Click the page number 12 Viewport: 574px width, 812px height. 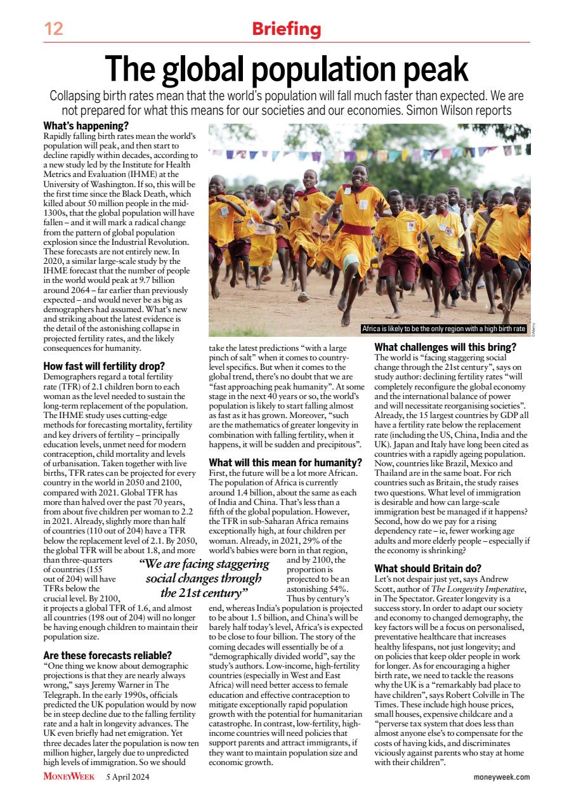[54, 29]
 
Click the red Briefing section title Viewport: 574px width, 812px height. [287, 29]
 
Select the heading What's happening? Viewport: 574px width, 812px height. [86, 126]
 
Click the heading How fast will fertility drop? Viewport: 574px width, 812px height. [104, 366]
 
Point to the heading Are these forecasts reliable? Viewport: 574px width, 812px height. [108, 655]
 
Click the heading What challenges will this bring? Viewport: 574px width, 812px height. [445, 347]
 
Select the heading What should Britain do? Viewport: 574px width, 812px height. [428, 568]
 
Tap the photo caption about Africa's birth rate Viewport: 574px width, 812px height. [443, 329]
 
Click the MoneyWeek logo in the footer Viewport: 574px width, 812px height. [69, 776]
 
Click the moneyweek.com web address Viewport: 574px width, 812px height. [501, 777]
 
